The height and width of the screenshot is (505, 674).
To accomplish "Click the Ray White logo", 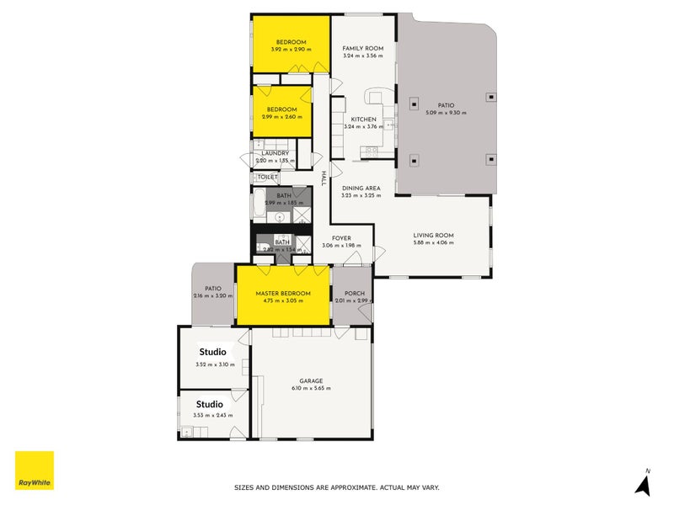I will (x=35, y=470).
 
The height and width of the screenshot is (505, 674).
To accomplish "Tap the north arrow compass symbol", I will (x=644, y=483).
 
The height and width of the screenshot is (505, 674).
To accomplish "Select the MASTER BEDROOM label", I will (x=283, y=294).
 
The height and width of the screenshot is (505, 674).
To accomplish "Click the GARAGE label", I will (x=311, y=380).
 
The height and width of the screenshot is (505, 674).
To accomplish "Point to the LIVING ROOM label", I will (x=433, y=235).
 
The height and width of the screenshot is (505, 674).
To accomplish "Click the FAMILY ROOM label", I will (x=362, y=49).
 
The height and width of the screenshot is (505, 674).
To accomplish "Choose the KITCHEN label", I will (x=363, y=120).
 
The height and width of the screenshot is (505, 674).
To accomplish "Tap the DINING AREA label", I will (x=361, y=188).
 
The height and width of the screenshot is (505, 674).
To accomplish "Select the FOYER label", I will (x=341, y=238).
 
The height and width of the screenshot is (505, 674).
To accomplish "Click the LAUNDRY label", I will (x=274, y=153).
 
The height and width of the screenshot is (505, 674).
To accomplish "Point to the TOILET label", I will (x=267, y=178).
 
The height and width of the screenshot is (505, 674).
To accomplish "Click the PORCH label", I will (x=352, y=294).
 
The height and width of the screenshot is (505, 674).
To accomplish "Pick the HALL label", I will (x=324, y=178).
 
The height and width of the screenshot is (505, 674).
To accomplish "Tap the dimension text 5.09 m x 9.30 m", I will (x=446, y=113).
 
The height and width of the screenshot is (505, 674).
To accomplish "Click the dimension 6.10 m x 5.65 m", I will (x=311, y=388).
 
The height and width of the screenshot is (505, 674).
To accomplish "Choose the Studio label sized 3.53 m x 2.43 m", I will (x=211, y=404).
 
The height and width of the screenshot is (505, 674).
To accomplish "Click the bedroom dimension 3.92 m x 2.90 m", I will (x=291, y=50).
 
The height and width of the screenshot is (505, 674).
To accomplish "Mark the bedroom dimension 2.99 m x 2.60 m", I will (x=282, y=117).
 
